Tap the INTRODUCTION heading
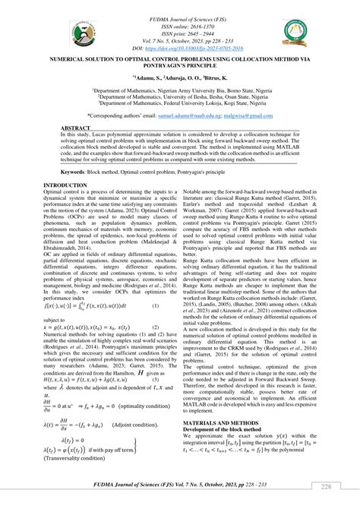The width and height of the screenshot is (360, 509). [x=65, y=185]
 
